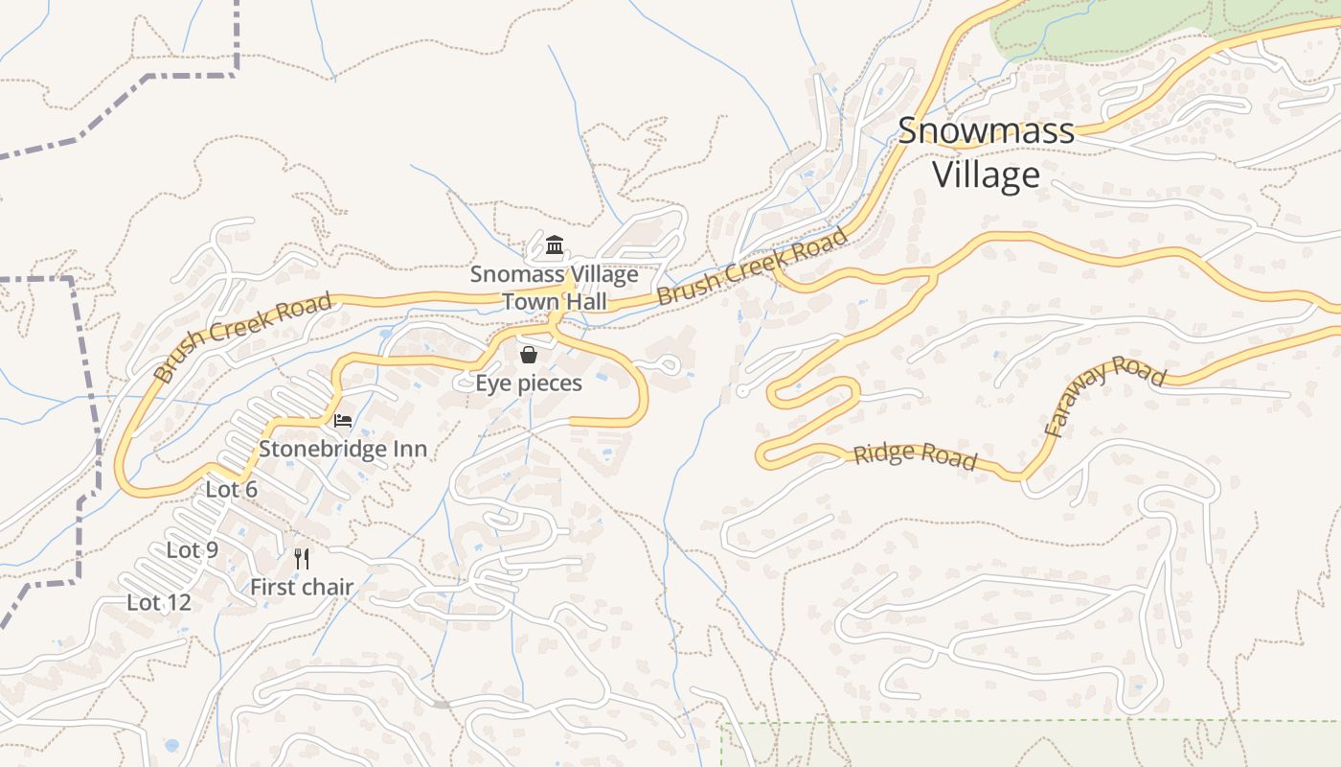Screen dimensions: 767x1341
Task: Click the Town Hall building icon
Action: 554,245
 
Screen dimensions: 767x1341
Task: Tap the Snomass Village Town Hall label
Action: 554,288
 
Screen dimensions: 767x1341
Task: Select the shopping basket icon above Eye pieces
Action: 528,355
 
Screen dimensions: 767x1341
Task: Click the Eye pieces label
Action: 529,383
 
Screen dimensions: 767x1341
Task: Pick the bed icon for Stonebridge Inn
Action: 342,420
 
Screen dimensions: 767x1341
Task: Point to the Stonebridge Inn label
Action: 343,449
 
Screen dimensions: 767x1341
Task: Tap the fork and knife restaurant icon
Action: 302,558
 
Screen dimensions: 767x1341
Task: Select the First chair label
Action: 302,587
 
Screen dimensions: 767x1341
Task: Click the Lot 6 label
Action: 232,490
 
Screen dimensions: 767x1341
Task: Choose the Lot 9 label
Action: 193,549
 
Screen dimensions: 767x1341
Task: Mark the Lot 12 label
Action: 159,602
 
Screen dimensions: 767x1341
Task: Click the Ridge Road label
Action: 915,455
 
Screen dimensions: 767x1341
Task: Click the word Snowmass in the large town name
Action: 986,131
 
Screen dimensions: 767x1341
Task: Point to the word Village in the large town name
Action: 986,174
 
